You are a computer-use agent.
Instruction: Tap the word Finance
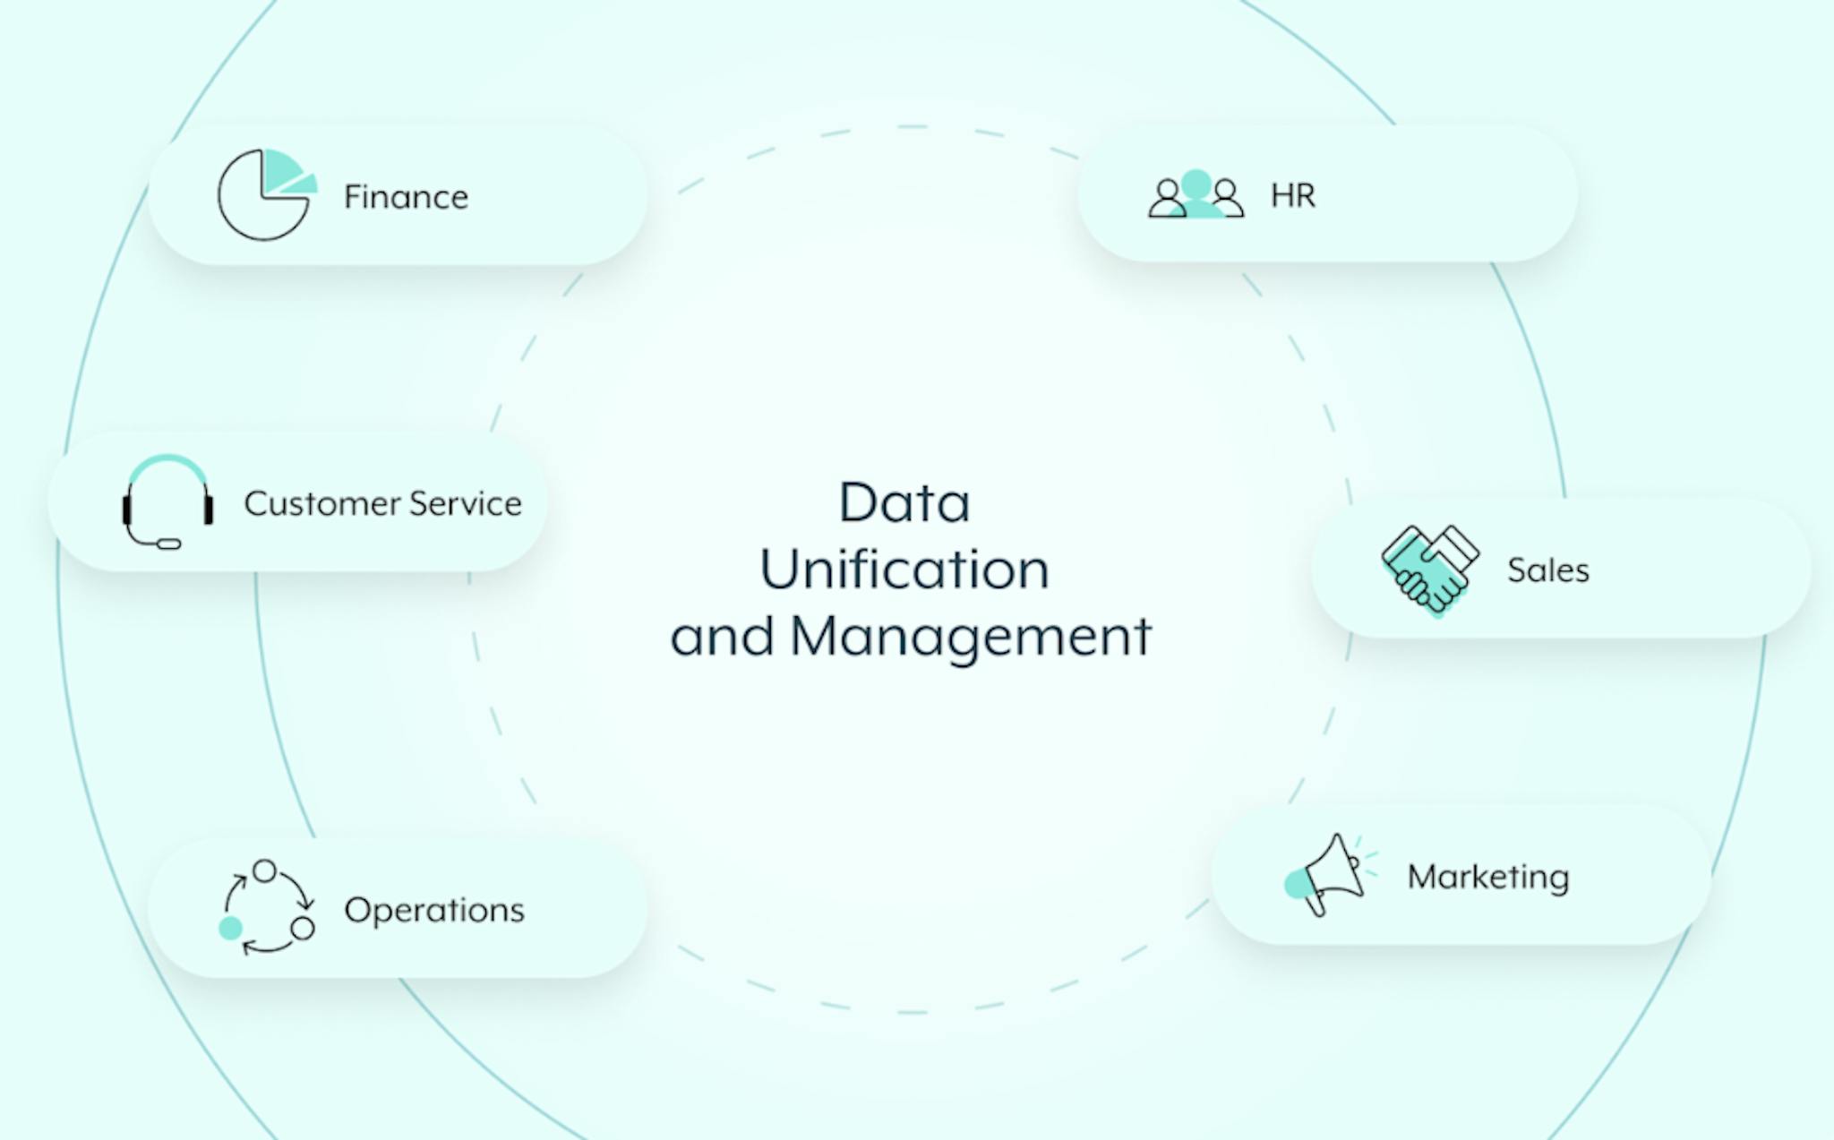pyautogui.click(x=406, y=197)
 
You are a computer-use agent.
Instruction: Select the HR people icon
pyautogui.click(x=1196, y=193)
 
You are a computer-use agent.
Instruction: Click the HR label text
pyautogui.click(x=1293, y=195)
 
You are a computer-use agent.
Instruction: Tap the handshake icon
pyautogui.click(x=1429, y=570)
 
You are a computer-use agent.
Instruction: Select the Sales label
pyautogui.click(x=1547, y=570)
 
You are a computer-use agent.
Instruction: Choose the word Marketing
pyautogui.click(x=1487, y=877)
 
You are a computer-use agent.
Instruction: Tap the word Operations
pyautogui.click(x=434, y=911)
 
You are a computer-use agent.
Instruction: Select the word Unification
pyautogui.click(x=904, y=569)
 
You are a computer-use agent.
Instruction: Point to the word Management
pyautogui.click(x=972, y=638)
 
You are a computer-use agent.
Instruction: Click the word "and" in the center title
pyautogui.click(x=723, y=637)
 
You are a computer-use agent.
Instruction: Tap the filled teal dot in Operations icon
pyautogui.click(x=230, y=928)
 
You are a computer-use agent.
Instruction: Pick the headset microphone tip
pyautogui.click(x=169, y=544)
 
